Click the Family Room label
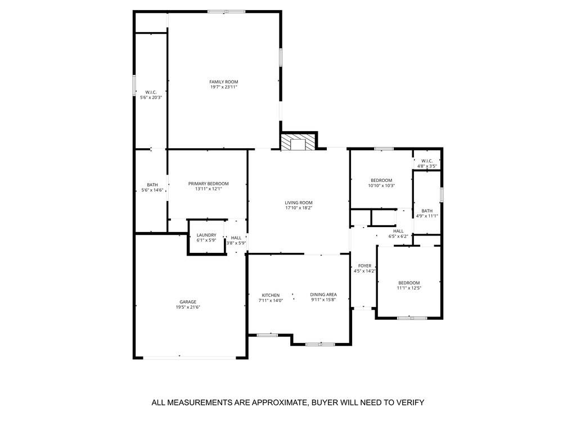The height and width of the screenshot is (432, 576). pyautogui.click(x=224, y=82)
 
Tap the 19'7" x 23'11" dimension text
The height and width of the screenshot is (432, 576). pyautogui.click(x=224, y=87)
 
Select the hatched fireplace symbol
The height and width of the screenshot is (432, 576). pyautogui.click(x=294, y=142)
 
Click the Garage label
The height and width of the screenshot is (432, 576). pyautogui.click(x=188, y=301)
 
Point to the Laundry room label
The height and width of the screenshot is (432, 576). pyautogui.click(x=206, y=235)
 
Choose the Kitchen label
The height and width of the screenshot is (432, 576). pyautogui.click(x=271, y=295)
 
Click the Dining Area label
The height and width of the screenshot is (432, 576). pyautogui.click(x=323, y=295)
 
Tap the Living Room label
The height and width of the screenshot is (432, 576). pyautogui.click(x=299, y=203)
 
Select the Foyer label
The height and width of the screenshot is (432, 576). pyautogui.click(x=364, y=265)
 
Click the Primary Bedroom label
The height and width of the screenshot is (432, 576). pyautogui.click(x=208, y=184)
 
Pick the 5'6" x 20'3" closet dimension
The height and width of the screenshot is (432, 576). pyautogui.click(x=151, y=97)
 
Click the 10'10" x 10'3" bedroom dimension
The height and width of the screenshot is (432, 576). pyautogui.click(x=381, y=186)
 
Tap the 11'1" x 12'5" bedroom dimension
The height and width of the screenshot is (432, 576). pyautogui.click(x=409, y=288)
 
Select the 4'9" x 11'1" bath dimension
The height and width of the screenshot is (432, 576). pyautogui.click(x=427, y=216)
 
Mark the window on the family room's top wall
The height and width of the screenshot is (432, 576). pyautogui.click(x=226, y=11)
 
